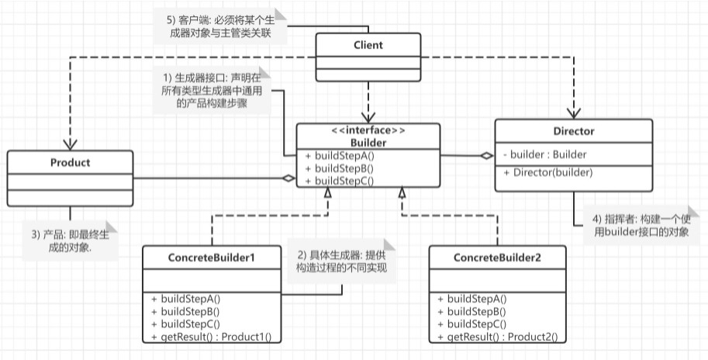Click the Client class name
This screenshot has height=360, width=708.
tap(368, 45)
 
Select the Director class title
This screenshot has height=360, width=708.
tap(573, 131)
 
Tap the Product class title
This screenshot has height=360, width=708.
tap(70, 163)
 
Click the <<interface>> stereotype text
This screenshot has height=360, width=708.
tap(368, 130)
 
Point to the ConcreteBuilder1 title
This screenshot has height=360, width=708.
tap(212, 258)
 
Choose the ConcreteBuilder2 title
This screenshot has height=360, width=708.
tap(497, 258)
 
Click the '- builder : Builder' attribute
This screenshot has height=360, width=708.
tap(544, 154)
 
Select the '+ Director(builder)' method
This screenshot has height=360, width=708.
tap(547, 172)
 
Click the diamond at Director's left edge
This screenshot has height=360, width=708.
tap(486, 156)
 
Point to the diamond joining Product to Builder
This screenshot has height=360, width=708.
tap(288, 178)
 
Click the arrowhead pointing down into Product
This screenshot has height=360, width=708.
tap(70, 144)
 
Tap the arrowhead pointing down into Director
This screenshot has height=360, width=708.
tap(574, 113)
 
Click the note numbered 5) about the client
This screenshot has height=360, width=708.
tap(220, 26)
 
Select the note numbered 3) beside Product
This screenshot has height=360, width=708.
tap(70, 241)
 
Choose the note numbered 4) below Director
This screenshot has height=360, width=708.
tap(641, 226)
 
